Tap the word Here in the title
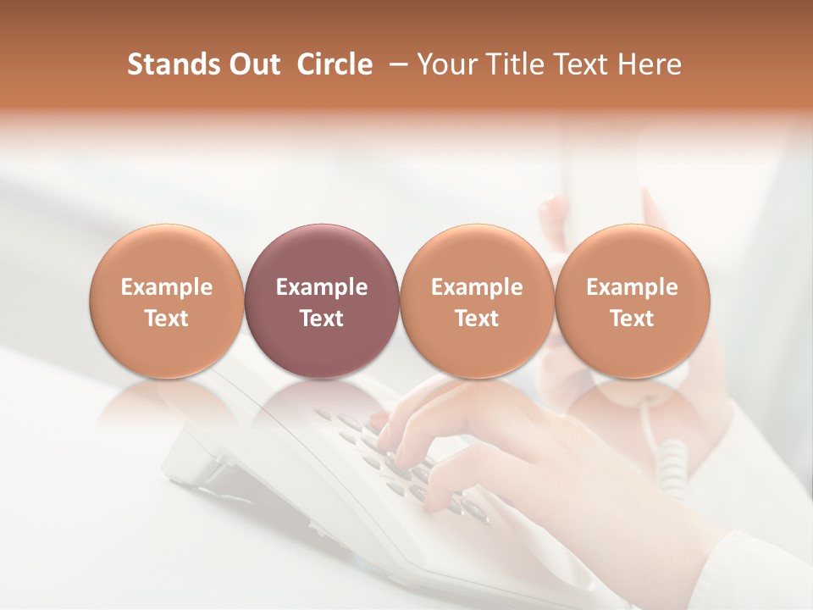tap(652, 64)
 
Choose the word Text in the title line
tap(582, 64)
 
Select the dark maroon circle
tap(322, 301)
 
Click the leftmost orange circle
tap(167, 301)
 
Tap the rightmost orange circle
tap(632, 301)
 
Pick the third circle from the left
tap(477, 301)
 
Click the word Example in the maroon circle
tap(322, 287)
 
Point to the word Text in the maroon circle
tap(322, 319)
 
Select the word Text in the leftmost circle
tap(167, 319)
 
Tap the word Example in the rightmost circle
tap(632, 287)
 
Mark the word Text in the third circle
tap(477, 319)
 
